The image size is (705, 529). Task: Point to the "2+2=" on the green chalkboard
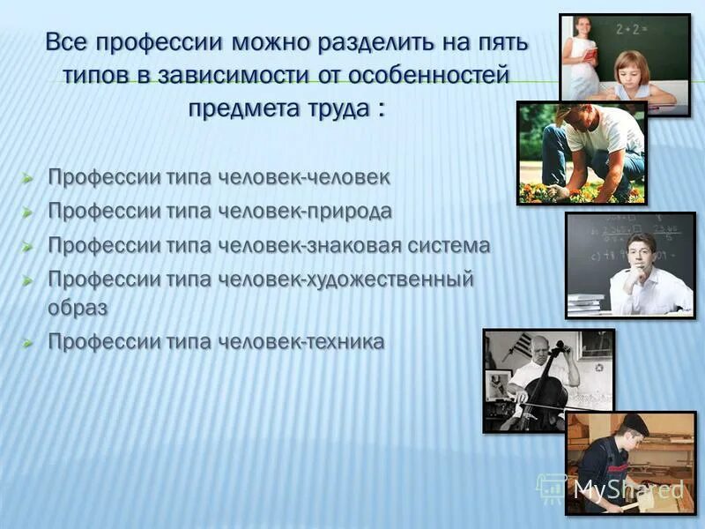click(x=633, y=29)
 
